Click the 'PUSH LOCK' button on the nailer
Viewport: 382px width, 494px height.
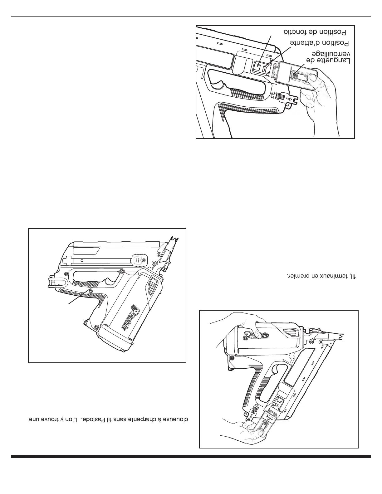coord(136,260)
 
